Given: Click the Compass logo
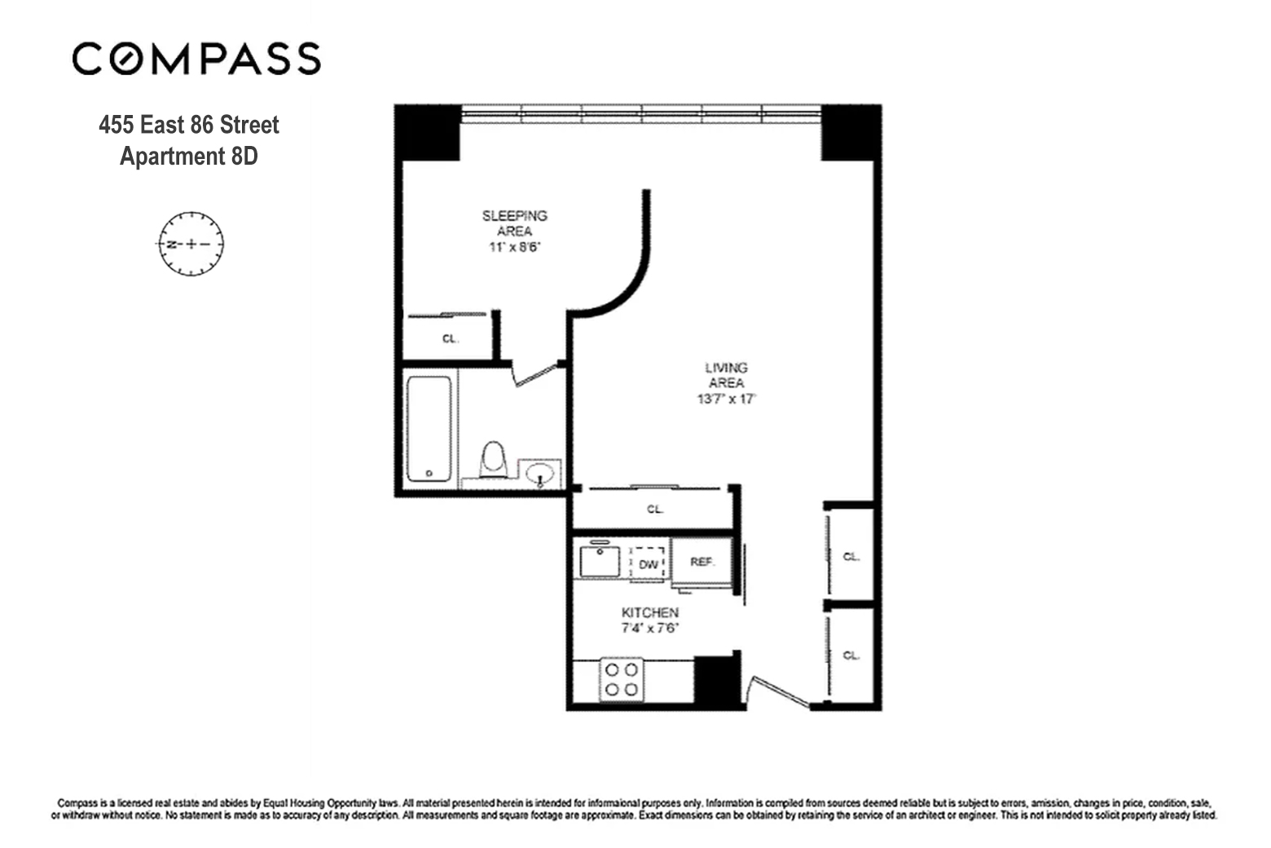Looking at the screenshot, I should coord(196,59).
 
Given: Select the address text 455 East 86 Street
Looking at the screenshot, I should coord(188,125).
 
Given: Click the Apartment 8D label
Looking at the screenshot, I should coord(188,156).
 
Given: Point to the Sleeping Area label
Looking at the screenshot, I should coord(514,223).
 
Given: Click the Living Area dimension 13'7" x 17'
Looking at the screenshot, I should coord(726,400).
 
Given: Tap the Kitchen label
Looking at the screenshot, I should coord(649,612).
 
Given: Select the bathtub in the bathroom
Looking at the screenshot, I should coord(429,429).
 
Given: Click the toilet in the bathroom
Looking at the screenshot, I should coord(493,460).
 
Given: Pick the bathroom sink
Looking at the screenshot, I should coord(540,474).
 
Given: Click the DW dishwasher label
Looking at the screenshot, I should coord(649,564).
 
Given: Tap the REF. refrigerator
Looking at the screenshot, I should coord(701,563).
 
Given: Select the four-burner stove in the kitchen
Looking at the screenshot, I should coord(622,679).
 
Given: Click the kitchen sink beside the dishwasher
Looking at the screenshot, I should coord(600,562).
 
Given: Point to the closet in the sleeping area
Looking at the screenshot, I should coord(449,338).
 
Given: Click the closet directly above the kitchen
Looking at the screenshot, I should coord(654,509).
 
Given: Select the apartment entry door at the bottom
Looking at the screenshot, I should coord(780,691).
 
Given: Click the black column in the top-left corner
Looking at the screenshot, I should coord(428,133).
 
